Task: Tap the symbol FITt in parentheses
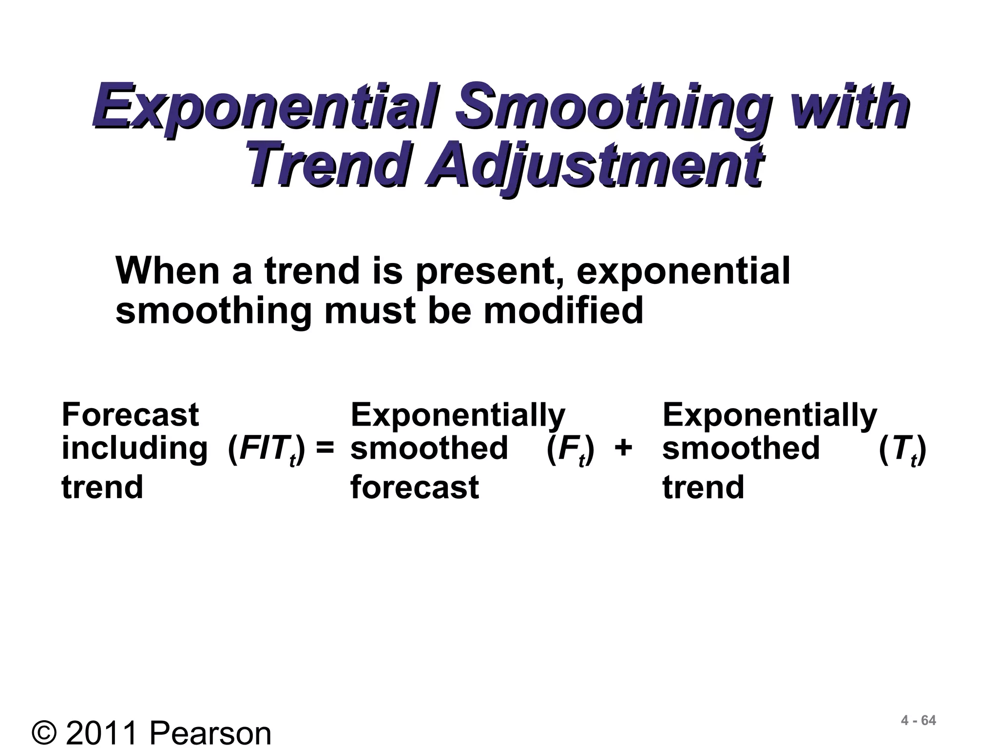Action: tap(267, 449)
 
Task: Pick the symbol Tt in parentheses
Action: tap(902, 449)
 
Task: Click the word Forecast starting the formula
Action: tap(130, 415)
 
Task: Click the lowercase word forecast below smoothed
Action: tap(415, 487)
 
